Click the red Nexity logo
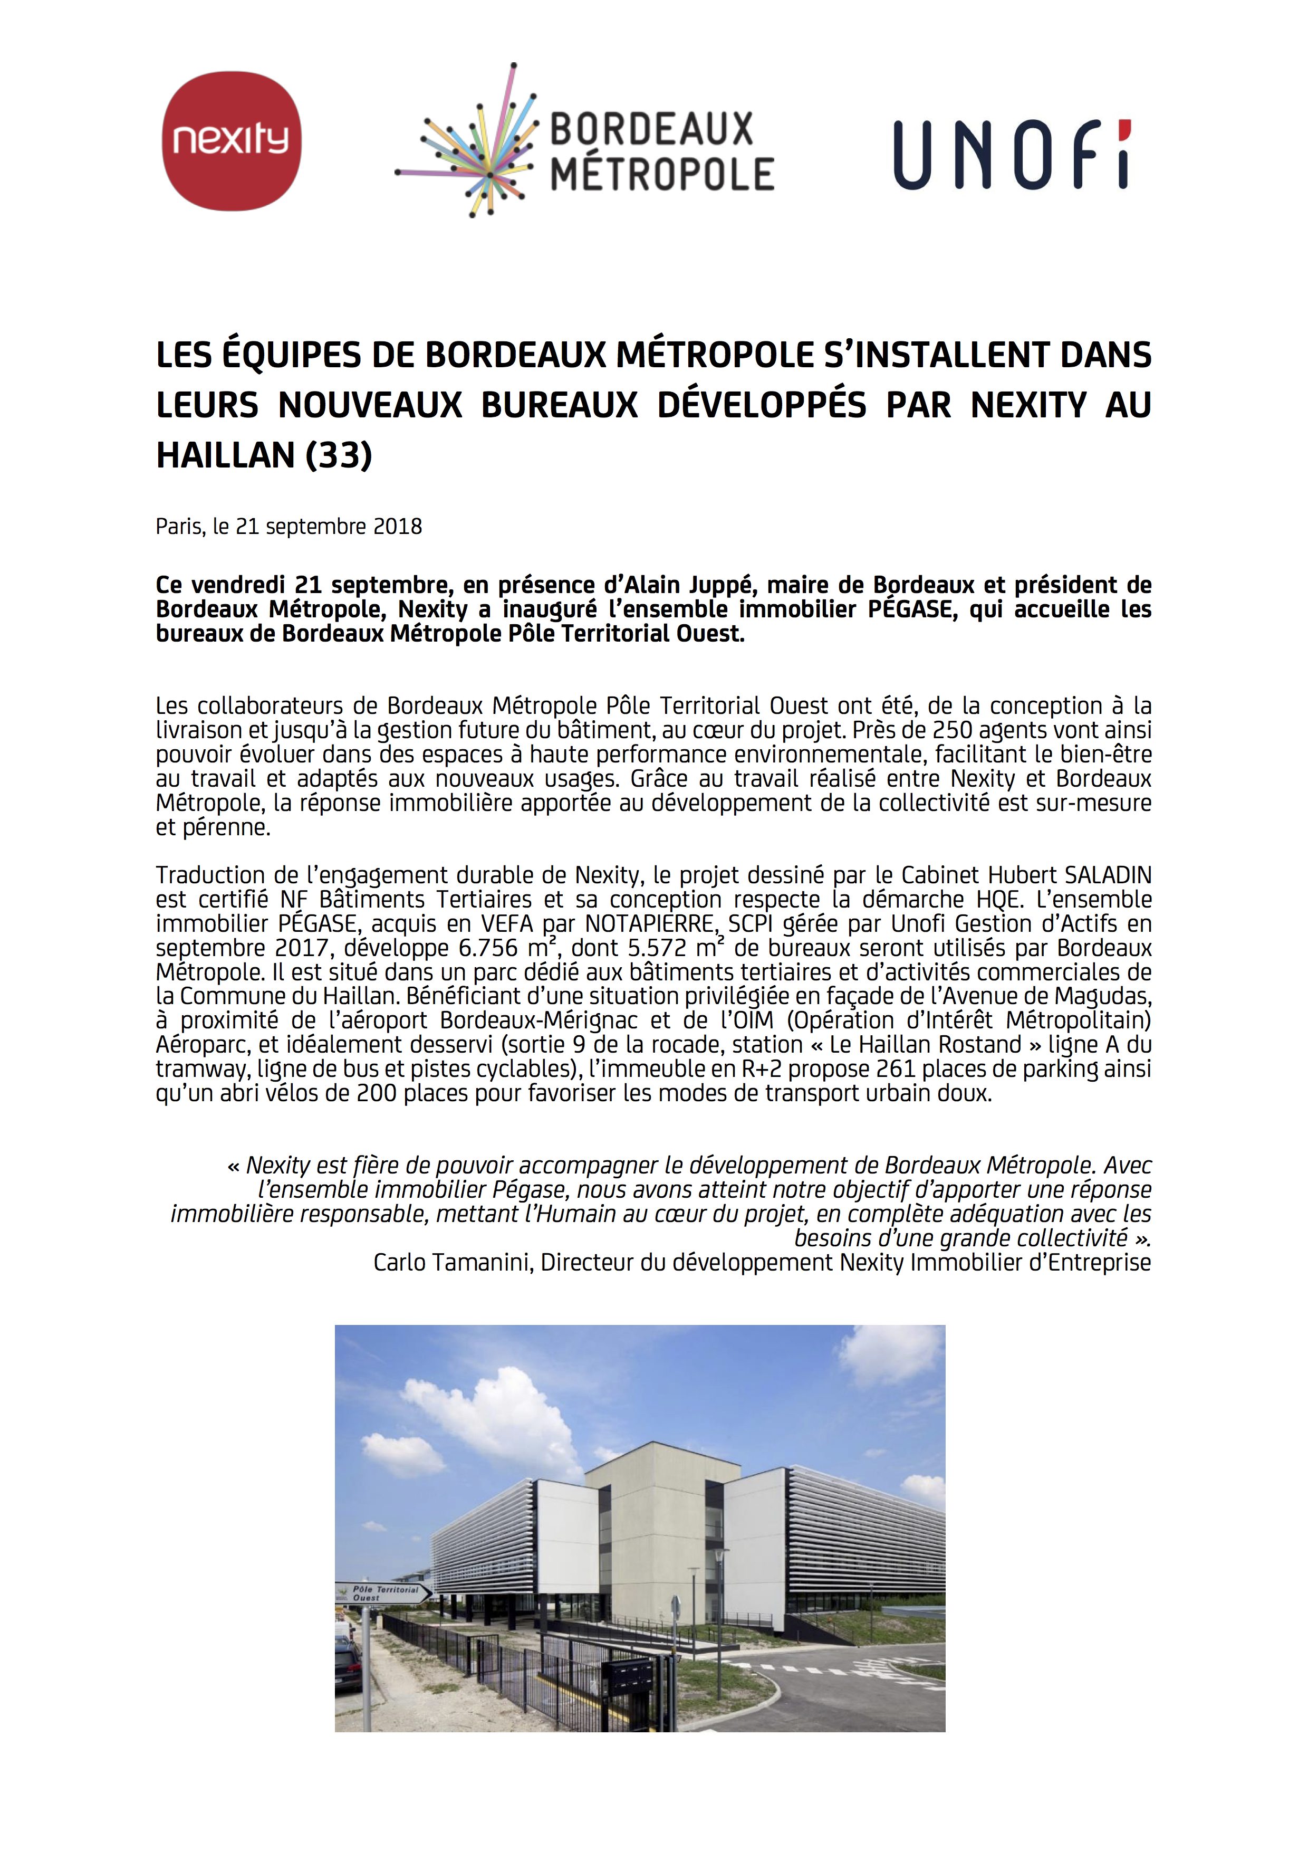(x=232, y=141)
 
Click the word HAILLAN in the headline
(x=226, y=455)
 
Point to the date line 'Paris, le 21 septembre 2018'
(x=288, y=527)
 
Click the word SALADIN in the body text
(x=1108, y=875)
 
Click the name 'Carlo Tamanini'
(x=452, y=1263)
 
